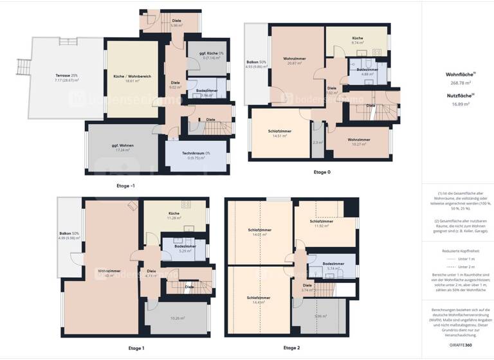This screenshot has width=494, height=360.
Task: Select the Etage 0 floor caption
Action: (x=322, y=172)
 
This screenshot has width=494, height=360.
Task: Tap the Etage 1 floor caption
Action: (x=136, y=348)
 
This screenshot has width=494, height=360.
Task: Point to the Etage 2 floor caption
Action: (x=291, y=348)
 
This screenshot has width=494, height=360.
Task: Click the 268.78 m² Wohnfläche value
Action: (x=459, y=83)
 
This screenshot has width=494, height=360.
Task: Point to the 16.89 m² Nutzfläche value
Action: (x=459, y=104)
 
